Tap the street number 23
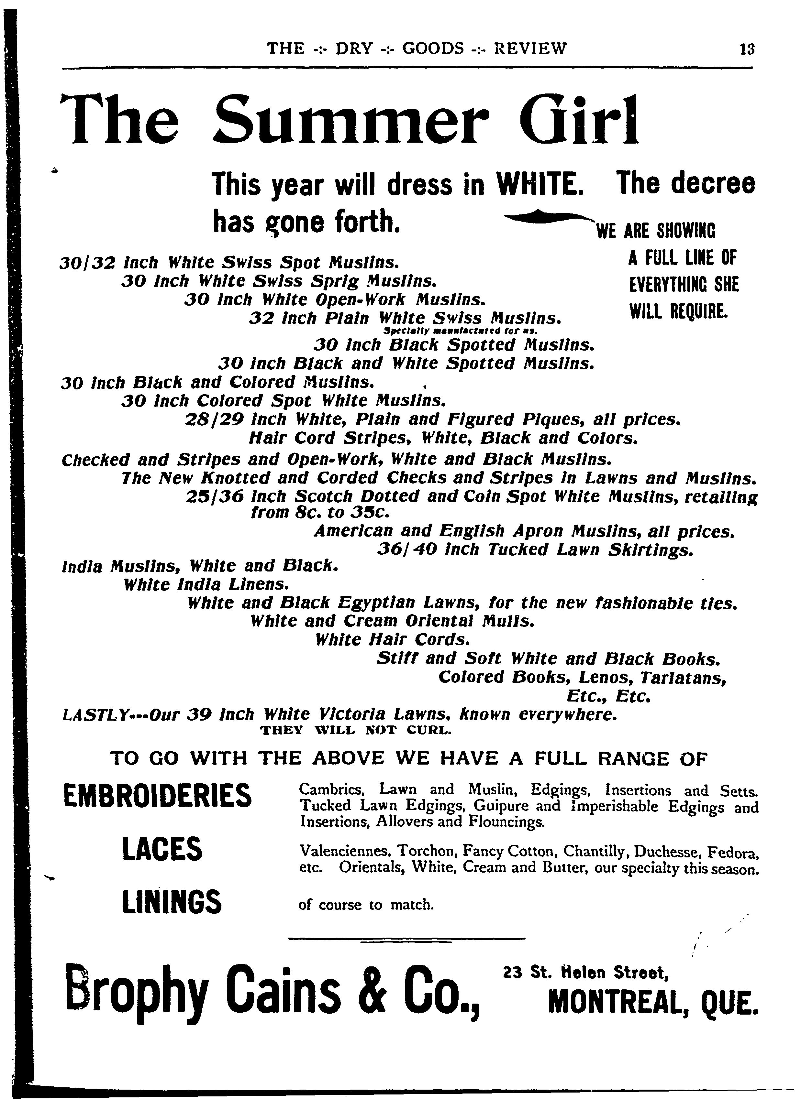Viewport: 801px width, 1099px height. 513,972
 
